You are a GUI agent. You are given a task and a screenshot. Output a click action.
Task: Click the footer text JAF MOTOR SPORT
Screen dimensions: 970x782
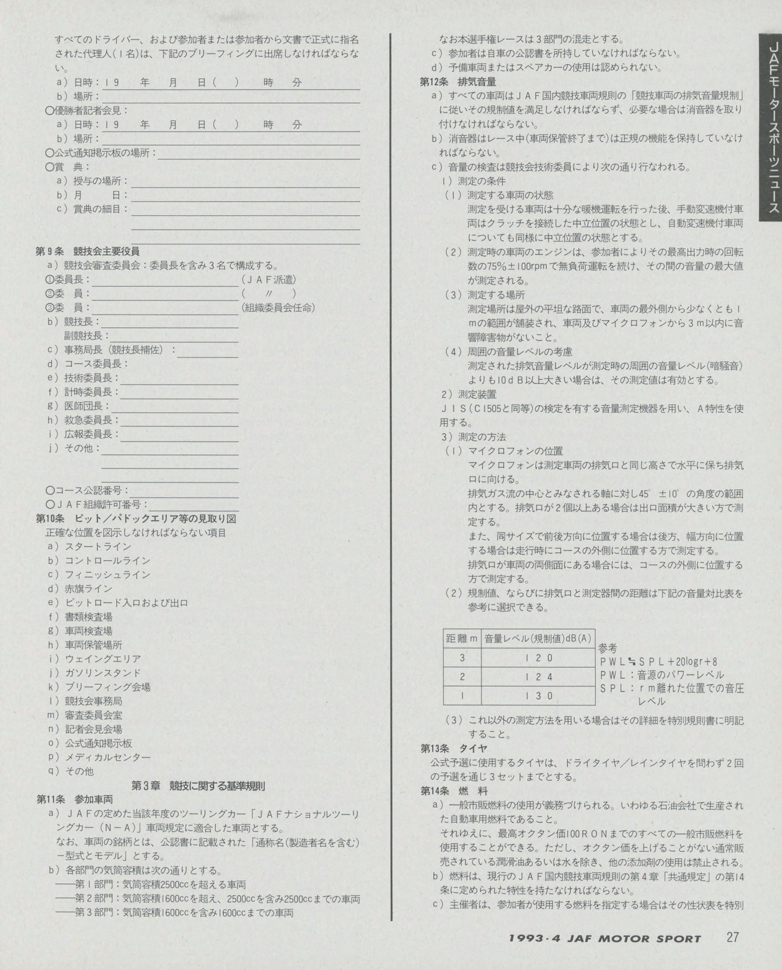604,938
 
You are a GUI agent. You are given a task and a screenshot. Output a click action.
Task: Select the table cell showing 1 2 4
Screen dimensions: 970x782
538,677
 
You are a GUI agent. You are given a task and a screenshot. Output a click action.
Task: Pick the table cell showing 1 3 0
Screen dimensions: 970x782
538,696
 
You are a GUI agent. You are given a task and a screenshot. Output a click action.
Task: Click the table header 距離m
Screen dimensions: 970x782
462,638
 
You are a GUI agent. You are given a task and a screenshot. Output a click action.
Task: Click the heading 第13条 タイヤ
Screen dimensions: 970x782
454,748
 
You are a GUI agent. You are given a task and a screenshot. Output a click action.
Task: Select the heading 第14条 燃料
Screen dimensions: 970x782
454,790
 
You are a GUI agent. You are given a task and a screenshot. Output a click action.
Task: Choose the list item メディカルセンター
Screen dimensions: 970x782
108,757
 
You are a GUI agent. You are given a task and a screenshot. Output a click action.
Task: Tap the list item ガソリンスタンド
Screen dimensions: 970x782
103,673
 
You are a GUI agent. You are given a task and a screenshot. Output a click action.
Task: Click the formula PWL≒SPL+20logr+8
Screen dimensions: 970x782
659,661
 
